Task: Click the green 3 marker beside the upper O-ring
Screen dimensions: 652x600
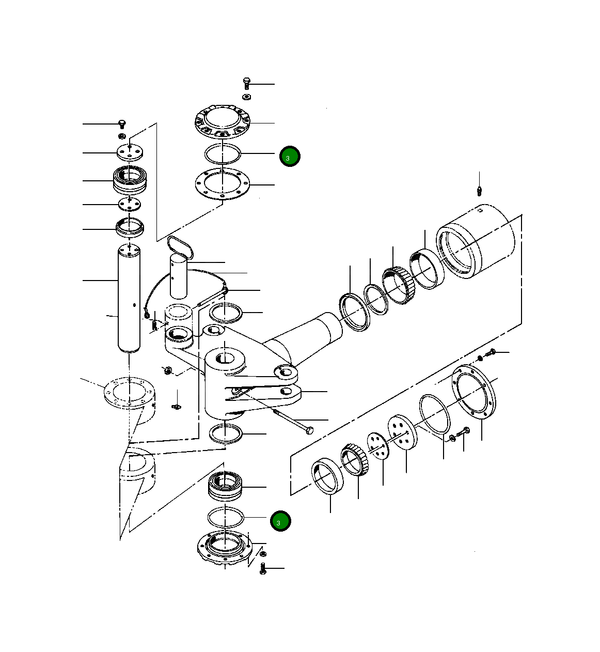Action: pyautogui.click(x=290, y=156)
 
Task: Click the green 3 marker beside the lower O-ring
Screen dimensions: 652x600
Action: pyautogui.click(x=280, y=521)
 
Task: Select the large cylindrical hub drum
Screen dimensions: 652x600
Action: pyautogui.click(x=478, y=242)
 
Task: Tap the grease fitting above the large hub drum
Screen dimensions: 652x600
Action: pyautogui.click(x=479, y=191)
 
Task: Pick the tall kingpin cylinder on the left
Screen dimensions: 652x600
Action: pyautogui.click(x=129, y=299)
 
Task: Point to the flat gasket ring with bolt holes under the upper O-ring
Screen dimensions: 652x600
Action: pyautogui.click(x=222, y=184)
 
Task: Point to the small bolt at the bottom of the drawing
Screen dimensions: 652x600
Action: pyautogui.click(x=263, y=569)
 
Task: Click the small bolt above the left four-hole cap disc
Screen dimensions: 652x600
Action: pyautogui.click(x=122, y=124)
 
